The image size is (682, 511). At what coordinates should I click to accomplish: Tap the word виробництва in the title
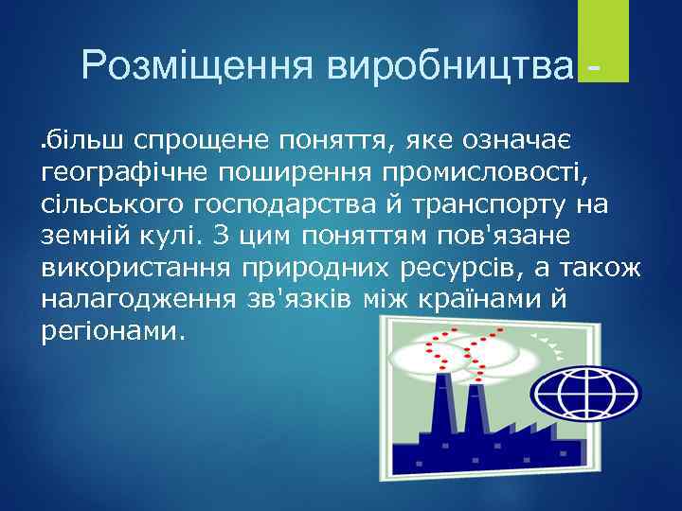coord(449,65)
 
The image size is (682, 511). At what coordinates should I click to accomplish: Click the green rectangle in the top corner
coord(603,41)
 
